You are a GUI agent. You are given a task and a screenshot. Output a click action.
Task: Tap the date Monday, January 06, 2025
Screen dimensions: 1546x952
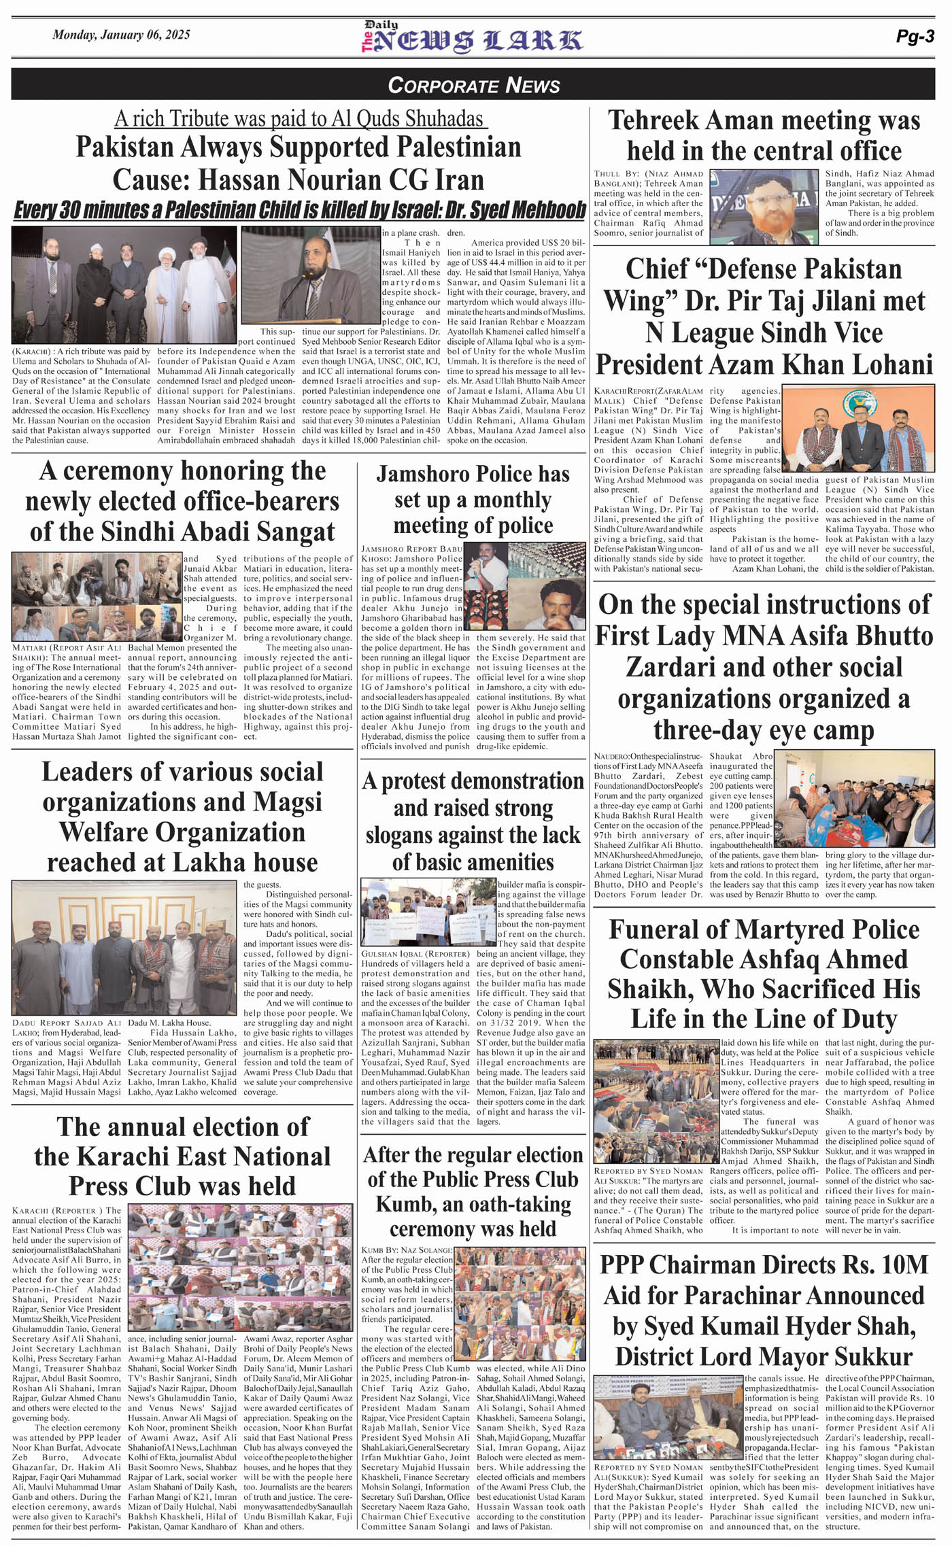[x=121, y=35]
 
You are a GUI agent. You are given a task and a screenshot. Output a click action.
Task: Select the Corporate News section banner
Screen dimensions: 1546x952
[x=474, y=85]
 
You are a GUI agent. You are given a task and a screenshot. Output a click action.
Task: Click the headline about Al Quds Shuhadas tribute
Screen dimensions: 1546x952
[x=300, y=118]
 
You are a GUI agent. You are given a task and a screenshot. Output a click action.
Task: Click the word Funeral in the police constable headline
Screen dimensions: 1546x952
[x=653, y=929]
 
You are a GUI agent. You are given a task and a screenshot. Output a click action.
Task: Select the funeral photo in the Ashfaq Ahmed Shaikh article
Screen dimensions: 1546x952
[x=656, y=1102]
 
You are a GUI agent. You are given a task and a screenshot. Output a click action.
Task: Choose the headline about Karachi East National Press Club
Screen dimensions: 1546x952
[x=182, y=1155]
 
